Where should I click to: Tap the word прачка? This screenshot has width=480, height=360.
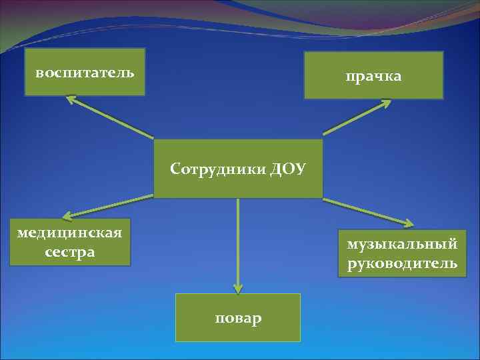[373, 77]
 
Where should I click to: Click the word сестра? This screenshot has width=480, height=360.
[70, 252]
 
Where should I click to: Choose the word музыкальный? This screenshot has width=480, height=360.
[402, 244]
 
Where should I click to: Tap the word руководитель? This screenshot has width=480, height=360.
[402, 263]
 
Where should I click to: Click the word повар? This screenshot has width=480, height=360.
[238, 318]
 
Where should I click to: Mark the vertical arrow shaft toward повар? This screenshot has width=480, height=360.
[238, 240]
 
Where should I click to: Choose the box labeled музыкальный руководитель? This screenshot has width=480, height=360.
[402, 253]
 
